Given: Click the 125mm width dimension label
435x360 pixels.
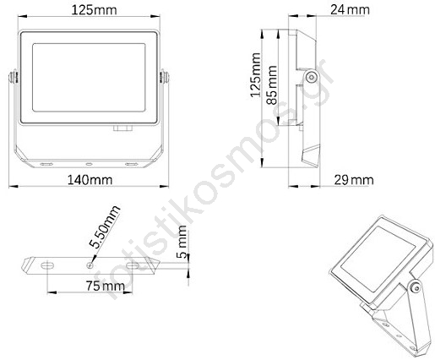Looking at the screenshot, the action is coord(94,10).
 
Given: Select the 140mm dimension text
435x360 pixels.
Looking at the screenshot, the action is coord(90,180).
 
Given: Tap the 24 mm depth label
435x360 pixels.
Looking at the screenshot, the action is coord(350,10).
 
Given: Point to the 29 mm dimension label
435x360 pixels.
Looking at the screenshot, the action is coord(354,180).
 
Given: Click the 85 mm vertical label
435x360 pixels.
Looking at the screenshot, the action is coord(272,85).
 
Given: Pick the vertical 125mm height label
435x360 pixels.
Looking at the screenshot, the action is coord(256,75).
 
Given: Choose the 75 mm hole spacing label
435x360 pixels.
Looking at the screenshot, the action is coord(105,286).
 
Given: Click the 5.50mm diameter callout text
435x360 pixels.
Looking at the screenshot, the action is coord(104,227).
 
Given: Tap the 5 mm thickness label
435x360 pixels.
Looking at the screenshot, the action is coord(182,242).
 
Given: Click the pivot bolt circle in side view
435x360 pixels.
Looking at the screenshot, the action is coord(311,77).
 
